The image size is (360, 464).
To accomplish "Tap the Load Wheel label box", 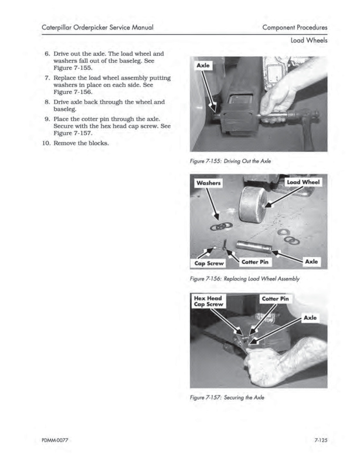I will pyautogui.click(x=303, y=182).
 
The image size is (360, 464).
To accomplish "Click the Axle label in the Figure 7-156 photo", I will pyautogui.click(x=312, y=262).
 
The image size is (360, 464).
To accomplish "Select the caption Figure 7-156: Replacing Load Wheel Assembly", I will pyautogui.click(x=246, y=279).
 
